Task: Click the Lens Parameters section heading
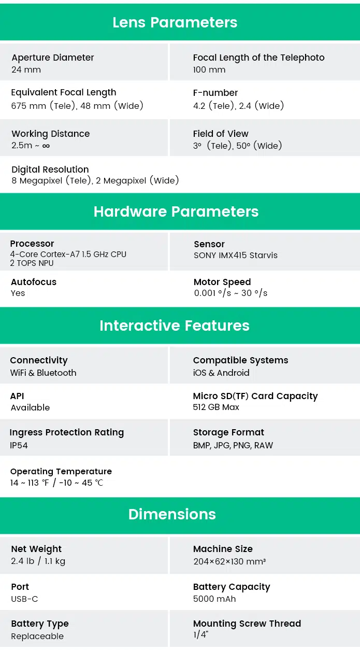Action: pyautogui.click(x=175, y=22)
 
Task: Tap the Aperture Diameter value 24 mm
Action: pyautogui.click(x=26, y=69)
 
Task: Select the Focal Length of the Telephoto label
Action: pyautogui.click(x=259, y=58)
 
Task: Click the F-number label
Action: pyautogui.click(x=215, y=93)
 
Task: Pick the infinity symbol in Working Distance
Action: pyautogui.click(x=46, y=146)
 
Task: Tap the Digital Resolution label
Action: pyautogui.click(x=50, y=169)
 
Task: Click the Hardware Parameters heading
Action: pyautogui.click(x=176, y=211)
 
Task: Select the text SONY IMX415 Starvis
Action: pyautogui.click(x=236, y=256)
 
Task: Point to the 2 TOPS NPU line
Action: pyautogui.click(x=32, y=263)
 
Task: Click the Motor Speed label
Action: pyautogui.click(x=222, y=282)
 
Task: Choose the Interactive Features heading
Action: pyautogui.click(x=175, y=326)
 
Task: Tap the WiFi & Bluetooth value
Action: pyautogui.click(x=43, y=373)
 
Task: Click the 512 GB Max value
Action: pyautogui.click(x=216, y=407)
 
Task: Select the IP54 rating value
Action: pyautogui.click(x=19, y=445)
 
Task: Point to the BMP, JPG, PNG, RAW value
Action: pyautogui.click(x=233, y=445)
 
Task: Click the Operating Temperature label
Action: pyautogui.click(x=61, y=472)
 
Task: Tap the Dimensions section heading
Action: pyautogui.click(x=172, y=514)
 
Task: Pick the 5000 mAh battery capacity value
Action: pyautogui.click(x=214, y=599)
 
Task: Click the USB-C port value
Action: pyautogui.click(x=24, y=599)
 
